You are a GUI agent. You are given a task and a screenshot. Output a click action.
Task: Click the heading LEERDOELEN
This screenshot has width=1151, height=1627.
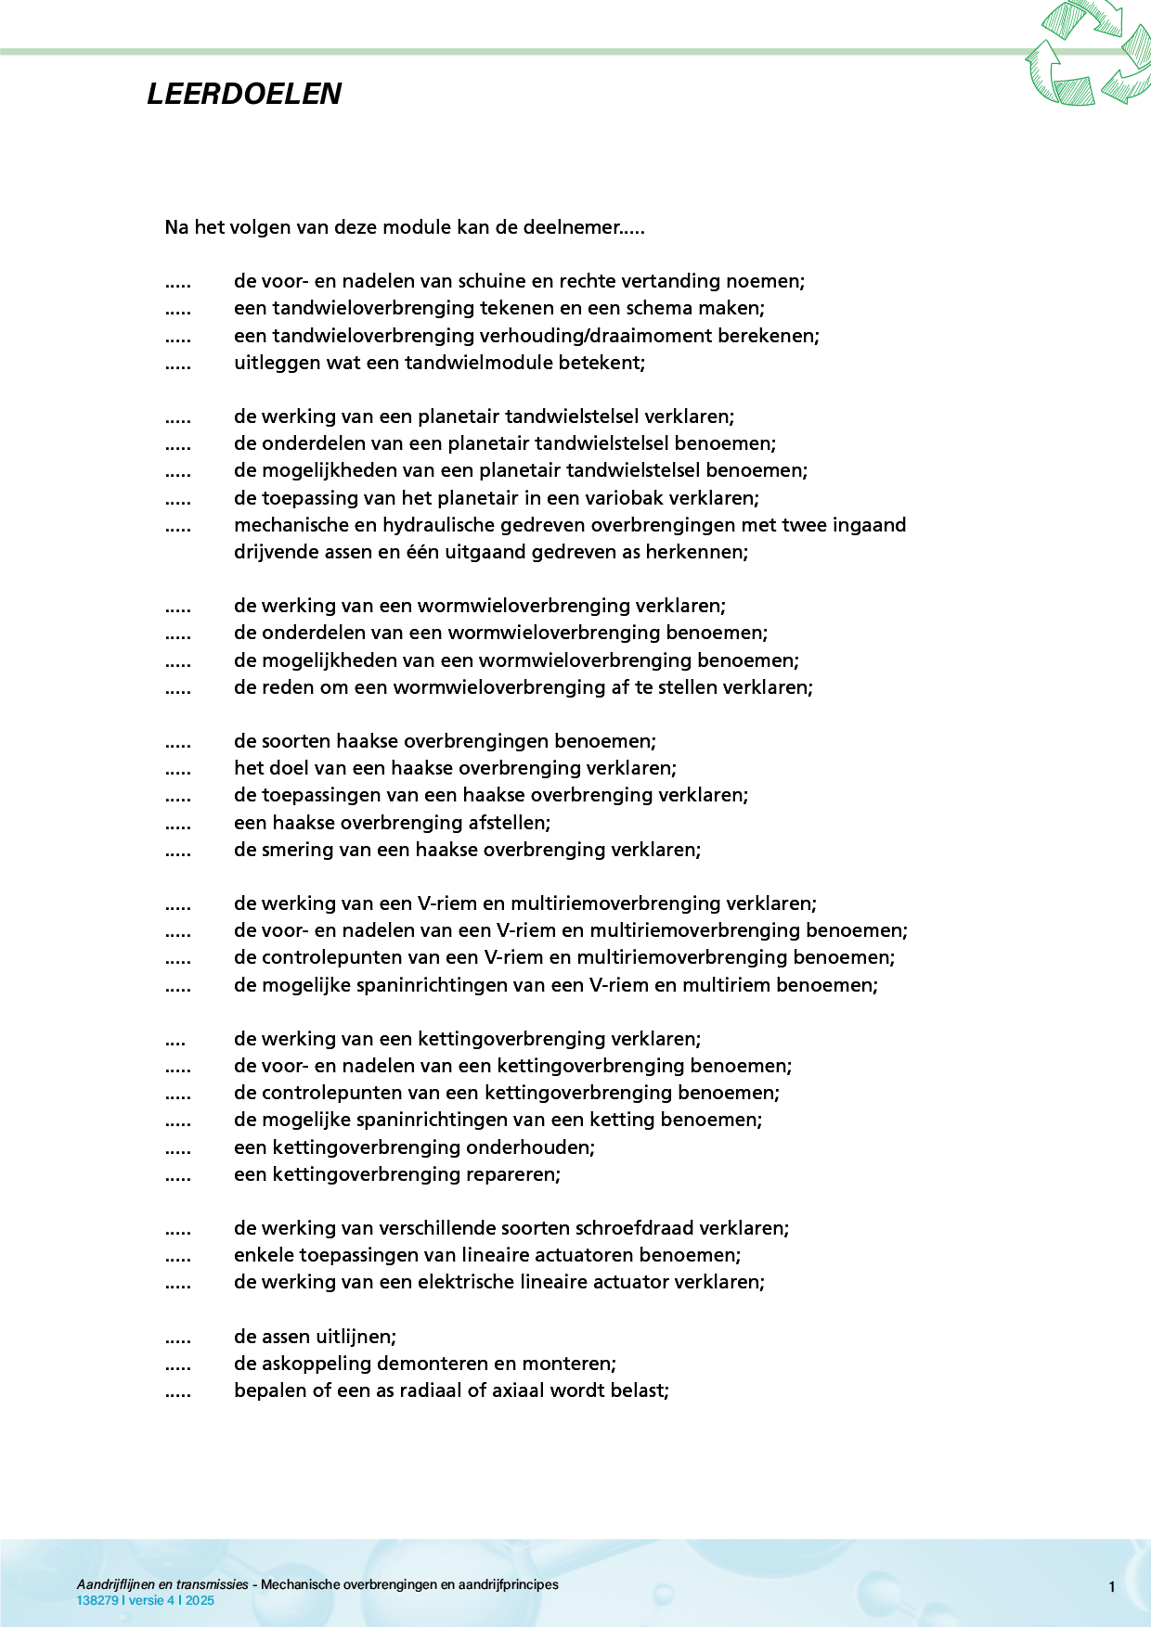244,94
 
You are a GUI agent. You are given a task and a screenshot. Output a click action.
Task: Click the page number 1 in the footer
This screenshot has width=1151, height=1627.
1111,1587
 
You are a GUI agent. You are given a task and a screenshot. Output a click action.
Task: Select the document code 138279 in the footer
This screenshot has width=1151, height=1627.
97,1600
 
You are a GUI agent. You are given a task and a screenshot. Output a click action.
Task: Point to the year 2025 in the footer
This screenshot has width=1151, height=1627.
200,1600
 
